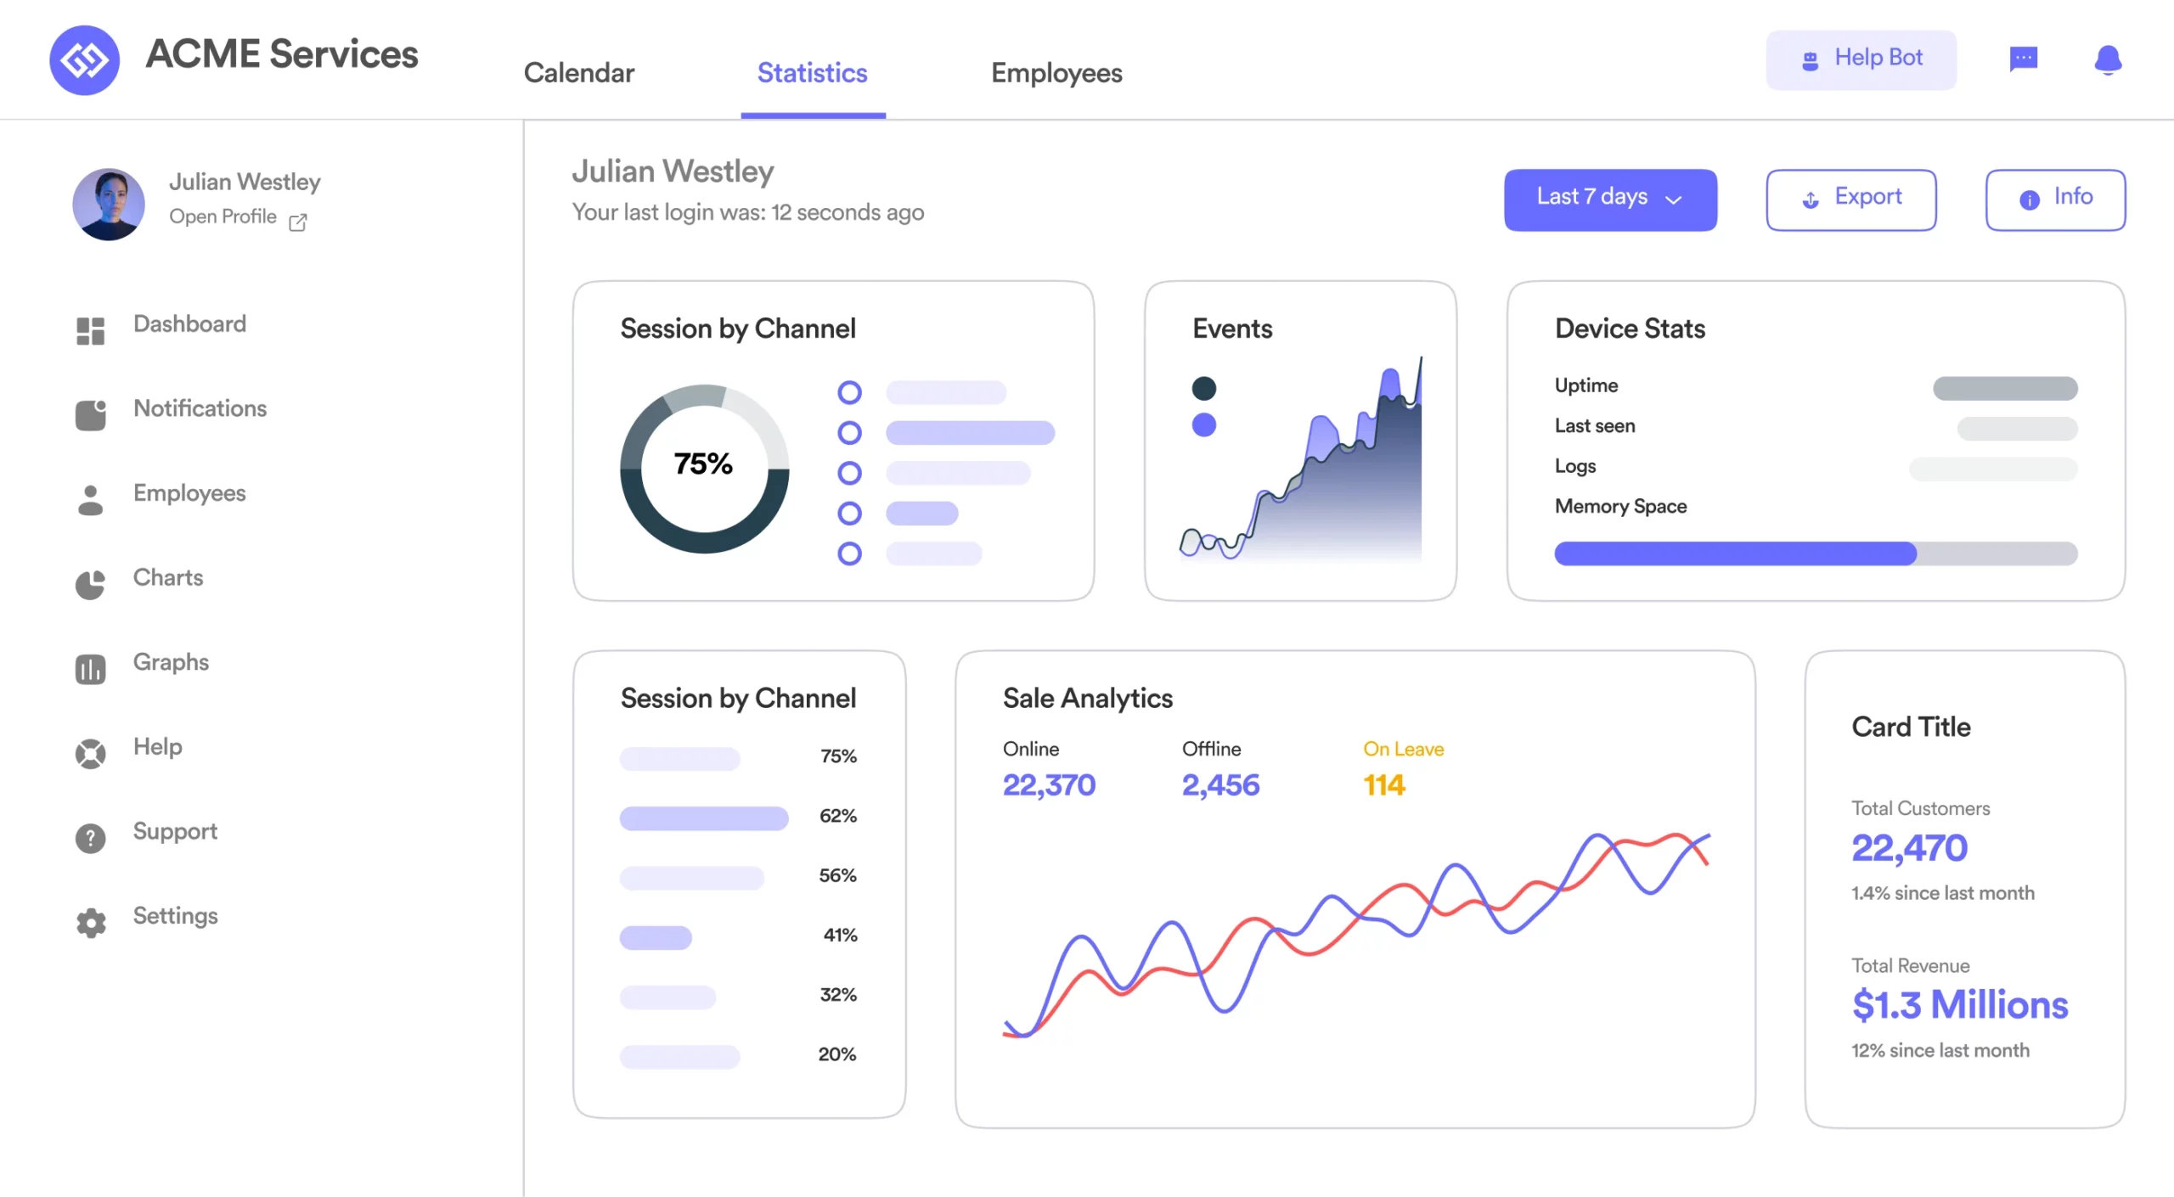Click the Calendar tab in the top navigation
pos(579,73)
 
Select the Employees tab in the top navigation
pos(1056,73)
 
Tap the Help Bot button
pos(1861,59)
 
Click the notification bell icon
pos(2108,59)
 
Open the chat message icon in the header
pos(2024,59)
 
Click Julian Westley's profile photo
pos(109,204)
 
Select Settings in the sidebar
pos(175,916)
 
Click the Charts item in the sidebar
pos(168,578)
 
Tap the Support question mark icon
pos(91,838)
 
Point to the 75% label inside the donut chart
pos(703,464)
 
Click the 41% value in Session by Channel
pos(840,936)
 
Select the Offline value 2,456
pos(1220,785)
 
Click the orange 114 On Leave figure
pos(1384,785)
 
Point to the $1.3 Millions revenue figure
pos(1959,1005)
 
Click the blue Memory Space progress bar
pos(1735,554)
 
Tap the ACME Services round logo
pos(84,59)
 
